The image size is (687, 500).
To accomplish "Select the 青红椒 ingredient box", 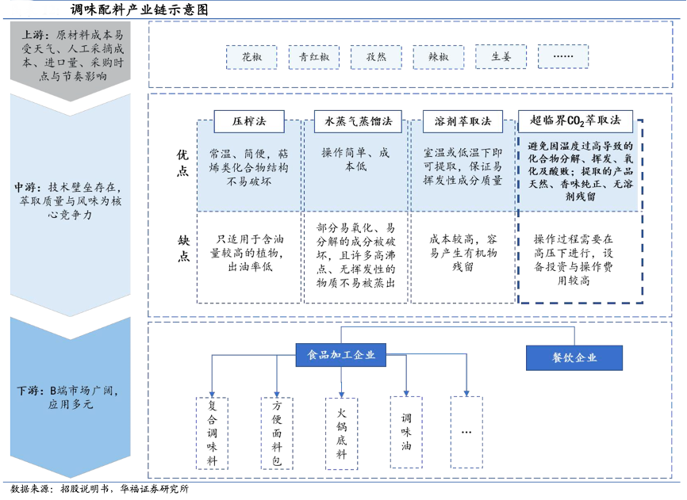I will tap(313, 56).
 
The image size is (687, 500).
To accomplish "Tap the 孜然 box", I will tap(375, 56).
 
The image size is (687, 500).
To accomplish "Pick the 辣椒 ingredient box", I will tap(438, 56).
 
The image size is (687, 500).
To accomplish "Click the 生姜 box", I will tap(501, 56).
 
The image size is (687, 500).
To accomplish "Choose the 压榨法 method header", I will tap(249, 122).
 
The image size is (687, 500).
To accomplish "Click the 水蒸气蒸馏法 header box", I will tap(358, 122).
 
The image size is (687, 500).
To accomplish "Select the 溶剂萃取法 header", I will tap(462, 122).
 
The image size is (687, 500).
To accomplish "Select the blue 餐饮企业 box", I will tap(574, 358).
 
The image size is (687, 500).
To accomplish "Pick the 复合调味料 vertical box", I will tap(212, 433).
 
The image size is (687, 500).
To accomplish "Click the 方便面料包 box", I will tap(277, 433).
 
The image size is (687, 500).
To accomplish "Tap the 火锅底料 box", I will tap(341, 433).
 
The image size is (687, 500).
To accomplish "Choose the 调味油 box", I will tap(406, 433).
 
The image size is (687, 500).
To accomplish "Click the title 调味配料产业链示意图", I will tap(140, 10).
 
